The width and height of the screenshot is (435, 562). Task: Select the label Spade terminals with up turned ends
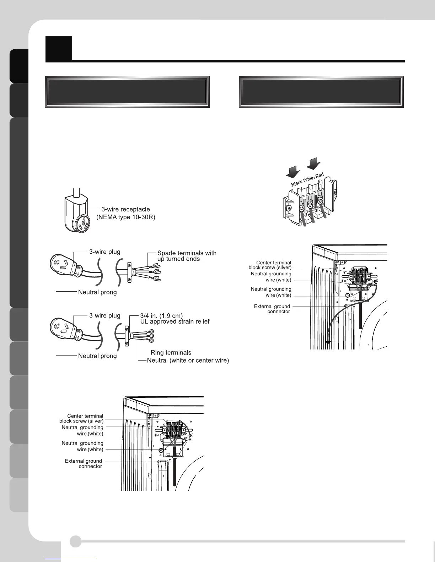coord(187,256)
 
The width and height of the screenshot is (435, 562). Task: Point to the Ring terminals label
coord(171,352)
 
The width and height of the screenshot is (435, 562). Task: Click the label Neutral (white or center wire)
coord(188,360)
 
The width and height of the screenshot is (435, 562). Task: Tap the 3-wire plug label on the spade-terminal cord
coord(104,252)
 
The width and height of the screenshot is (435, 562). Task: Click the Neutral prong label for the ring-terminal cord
coord(97,356)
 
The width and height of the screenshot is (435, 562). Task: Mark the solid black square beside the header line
coord(59,48)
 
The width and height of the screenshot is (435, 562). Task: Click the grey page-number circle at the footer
coord(75,541)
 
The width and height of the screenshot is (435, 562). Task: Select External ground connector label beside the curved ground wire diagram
coord(272,309)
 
